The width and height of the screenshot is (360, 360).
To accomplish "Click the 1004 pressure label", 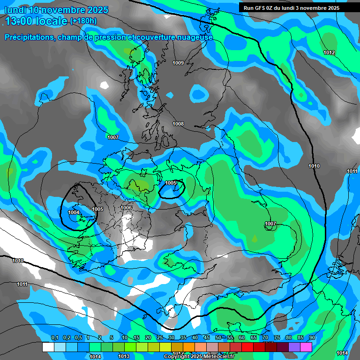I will click(74, 212).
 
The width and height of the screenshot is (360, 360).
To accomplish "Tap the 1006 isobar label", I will click(126, 208).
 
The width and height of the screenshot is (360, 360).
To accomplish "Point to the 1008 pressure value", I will click(178, 124).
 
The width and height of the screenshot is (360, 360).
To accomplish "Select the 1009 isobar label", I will click(178, 63).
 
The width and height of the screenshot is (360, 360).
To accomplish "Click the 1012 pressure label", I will click(329, 52).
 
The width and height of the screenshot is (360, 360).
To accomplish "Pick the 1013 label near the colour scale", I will click(124, 356).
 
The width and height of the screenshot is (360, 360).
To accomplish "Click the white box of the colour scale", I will click(48, 347).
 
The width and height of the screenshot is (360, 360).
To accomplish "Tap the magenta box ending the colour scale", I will click(306, 347).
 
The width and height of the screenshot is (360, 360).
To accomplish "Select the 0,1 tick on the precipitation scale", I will click(55, 338).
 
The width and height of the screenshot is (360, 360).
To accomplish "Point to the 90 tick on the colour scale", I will click(312, 338).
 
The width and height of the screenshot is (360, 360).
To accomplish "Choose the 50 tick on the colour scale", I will click(218, 338).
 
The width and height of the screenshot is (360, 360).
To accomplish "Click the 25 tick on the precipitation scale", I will click(160, 338).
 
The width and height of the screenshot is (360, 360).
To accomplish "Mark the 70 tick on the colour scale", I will click(265, 338).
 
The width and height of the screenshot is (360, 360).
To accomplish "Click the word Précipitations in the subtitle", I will click(29, 37).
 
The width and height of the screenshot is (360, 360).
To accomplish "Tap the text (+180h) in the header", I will click(83, 21).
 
